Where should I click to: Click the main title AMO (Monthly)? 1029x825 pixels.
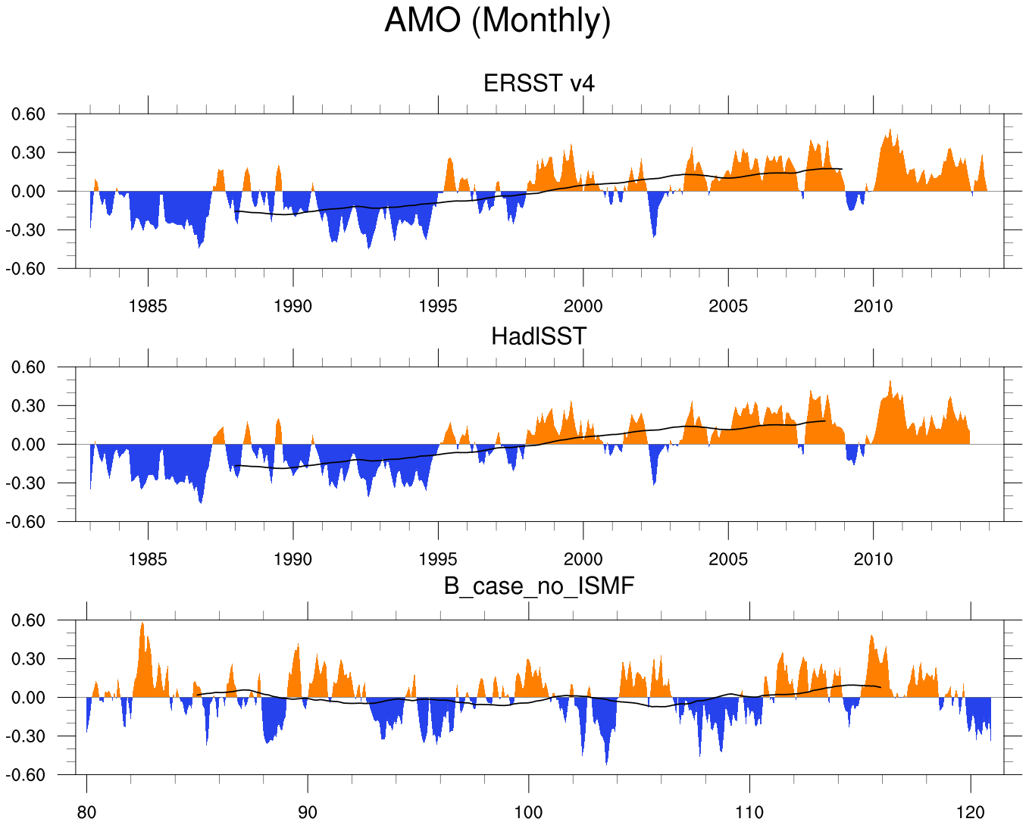[x=497, y=20]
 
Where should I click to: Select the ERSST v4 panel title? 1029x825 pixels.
[x=539, y=83]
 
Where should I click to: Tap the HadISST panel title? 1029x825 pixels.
[x=539, y=336]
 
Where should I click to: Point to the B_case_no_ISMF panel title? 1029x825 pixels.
[x=539, y=586]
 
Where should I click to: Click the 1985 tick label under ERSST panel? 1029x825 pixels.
[x=148, y=306]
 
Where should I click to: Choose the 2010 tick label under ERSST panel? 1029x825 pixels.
[x=873, y=306]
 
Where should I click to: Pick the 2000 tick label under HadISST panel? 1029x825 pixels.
[x=583, y=559]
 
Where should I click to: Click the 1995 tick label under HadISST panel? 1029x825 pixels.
[x=438, y=559]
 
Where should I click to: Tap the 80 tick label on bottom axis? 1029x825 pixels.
[x=86, y=812]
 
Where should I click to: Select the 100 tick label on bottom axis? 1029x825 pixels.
[x=528, y=812]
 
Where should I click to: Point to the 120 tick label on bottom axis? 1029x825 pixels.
[x=971, y=812]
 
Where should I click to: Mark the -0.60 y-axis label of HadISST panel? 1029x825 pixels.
[x=27, y=521]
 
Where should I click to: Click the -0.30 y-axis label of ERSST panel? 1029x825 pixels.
[x=27, y=230]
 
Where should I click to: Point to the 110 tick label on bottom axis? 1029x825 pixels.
[x=749, y=812]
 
